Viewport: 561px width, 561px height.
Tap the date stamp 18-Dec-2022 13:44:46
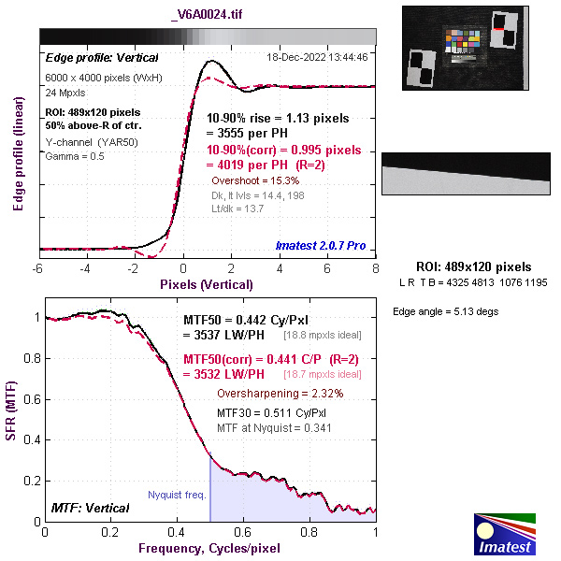(317, 57)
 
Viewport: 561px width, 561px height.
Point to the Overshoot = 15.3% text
(254, 179)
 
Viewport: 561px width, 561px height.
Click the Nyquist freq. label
(177, 495)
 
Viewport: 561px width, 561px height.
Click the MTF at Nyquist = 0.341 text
(273, 427)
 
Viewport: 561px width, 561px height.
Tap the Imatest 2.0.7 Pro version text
(320, 245)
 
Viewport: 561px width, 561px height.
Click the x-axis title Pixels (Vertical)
(208, 282)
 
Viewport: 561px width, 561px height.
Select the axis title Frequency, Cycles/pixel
(210, 547)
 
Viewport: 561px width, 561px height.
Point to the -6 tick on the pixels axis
(38, 268)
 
